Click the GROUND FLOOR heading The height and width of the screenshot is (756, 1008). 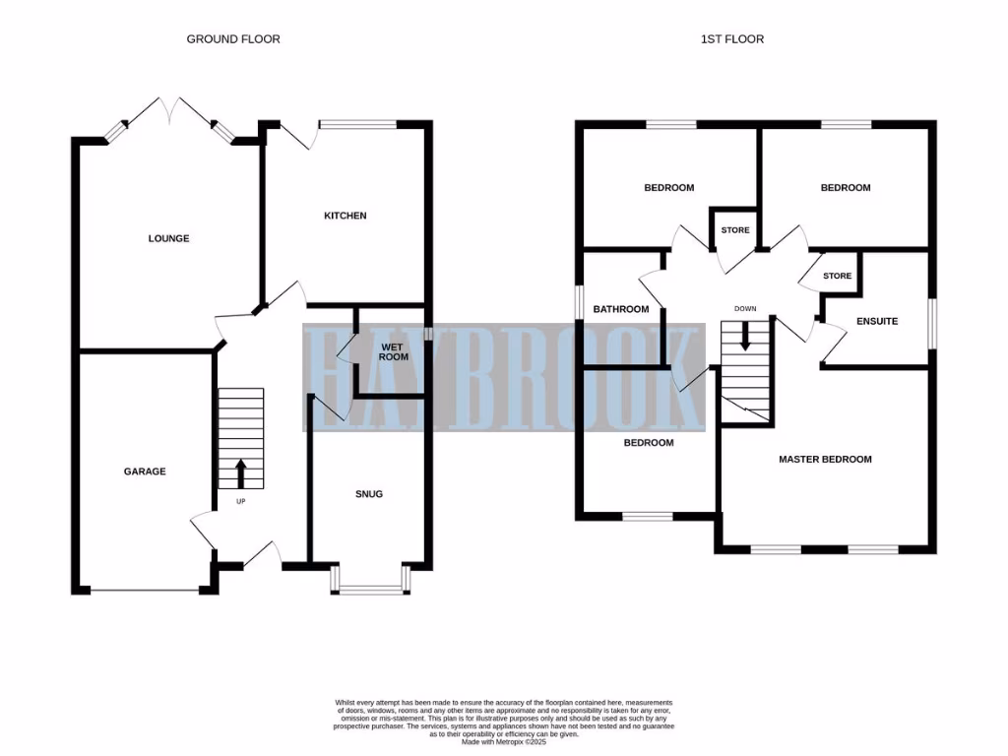click(x=233, y=39)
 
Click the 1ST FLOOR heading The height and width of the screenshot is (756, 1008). click(x=731, y=39)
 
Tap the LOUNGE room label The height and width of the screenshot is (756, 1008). click(x=168, y=238)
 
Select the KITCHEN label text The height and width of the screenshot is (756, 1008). click(x=346, y=216)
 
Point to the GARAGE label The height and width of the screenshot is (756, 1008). click(x=145, y=472)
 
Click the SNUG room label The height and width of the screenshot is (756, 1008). click(x=370, y=494)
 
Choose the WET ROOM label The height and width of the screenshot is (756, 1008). click(x=394, y=350)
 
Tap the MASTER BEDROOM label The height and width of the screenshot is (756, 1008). click(x=825, y=460)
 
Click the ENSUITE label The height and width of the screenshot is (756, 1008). click(x=876, y=321)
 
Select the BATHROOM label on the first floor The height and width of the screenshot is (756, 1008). click(x=621, y=309)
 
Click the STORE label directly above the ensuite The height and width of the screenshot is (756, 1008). click(x=837, y=276)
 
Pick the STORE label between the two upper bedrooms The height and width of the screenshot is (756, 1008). click(x=734, y=230)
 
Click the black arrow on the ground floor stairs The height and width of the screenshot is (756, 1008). click(x=241, y=472)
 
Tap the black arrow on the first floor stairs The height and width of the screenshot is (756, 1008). click(x=745, y=337)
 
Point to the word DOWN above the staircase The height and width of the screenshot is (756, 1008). click(x=745, y=309)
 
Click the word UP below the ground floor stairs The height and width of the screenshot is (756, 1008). click(x=240, y=501)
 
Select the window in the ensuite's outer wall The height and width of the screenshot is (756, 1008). click(x=931, y=322)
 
